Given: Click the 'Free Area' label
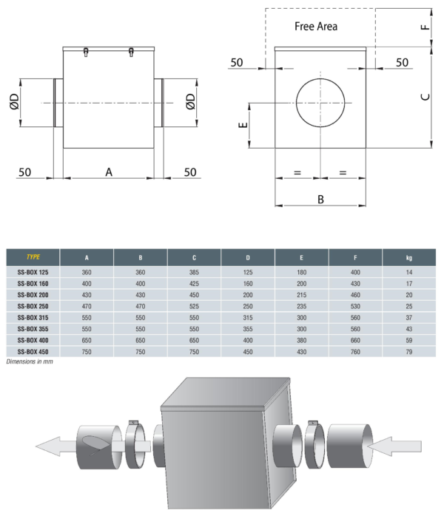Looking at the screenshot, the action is click(316, 27).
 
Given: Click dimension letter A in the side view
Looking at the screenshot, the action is click(109, 172).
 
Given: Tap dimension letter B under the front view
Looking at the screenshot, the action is click(320, 200).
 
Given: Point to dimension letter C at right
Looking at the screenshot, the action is click(425, 97).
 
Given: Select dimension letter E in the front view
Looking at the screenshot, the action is click(243, 125).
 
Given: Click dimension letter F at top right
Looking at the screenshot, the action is click(425, 27).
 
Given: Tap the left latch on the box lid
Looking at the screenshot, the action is click(86, 52).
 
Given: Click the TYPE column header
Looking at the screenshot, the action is click(33, 257).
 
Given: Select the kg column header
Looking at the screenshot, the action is click(408, 257).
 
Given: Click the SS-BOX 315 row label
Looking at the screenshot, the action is click(33, 317).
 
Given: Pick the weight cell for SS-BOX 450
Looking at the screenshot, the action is click(408, 352).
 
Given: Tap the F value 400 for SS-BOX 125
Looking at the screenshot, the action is click(355, 272).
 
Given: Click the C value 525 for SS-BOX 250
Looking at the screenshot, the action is click(194, 306).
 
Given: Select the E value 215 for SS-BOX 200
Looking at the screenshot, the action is click(301, 295).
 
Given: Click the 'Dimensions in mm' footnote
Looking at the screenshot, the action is click(30, 361).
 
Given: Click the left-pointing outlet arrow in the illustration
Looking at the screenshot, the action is click(55, 446).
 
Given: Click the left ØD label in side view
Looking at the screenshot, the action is click(14, 102).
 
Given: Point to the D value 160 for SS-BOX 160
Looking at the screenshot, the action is click(248, 284).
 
